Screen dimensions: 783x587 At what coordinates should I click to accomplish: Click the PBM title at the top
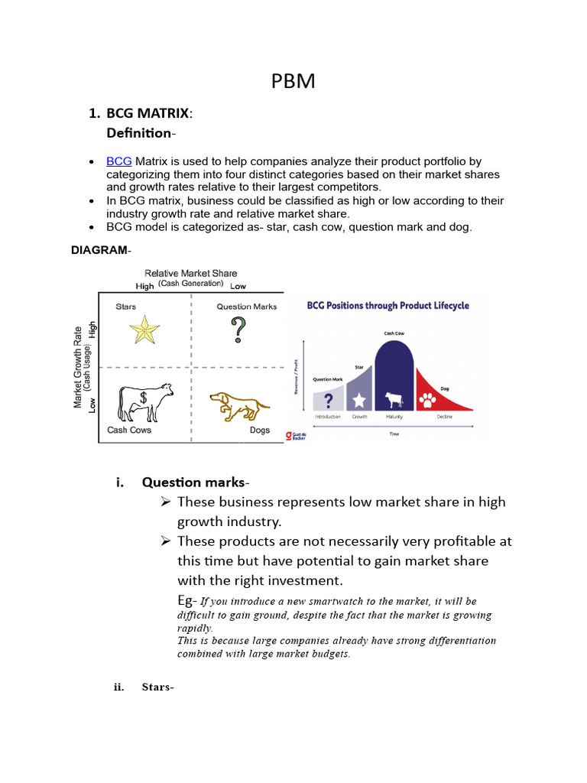pyautogui.click(x=293, y=82)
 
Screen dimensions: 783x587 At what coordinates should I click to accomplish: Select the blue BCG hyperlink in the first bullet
pyautogui.click(x=119, y=161)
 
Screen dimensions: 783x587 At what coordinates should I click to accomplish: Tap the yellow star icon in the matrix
pyautogui.click(x=144, y=330)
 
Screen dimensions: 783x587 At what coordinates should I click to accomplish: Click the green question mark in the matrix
pyautogui.click(x=239, y=330)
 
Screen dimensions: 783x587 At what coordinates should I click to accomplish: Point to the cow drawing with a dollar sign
pyautogui.click(x=145, y=401)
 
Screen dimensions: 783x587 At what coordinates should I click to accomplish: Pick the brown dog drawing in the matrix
pyautogui.click(x=239, y=406)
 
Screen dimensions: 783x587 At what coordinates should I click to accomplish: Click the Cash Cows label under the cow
pyautogui.click(x=129, y=430)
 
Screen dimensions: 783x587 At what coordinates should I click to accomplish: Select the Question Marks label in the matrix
pyautogui.click(x=246, y=307)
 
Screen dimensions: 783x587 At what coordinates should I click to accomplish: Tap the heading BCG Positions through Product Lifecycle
pyautogui.click(x=388, y=306)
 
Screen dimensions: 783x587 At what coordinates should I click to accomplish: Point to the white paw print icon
pyautogui.click(x=427, y=399)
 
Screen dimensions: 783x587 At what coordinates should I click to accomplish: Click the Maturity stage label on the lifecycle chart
pyautogui.click(x=394, y=417)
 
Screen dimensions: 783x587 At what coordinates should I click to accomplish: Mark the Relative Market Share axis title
pyautogui.click(x=190, y=273)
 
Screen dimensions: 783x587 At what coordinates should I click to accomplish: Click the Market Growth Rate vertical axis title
pyautogui.click(x=78, y=367)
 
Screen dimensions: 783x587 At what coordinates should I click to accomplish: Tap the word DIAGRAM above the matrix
pyautogui.click(x=99, y=250)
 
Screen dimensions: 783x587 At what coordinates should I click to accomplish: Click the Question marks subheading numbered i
pyautogui.click(x=193, y=482)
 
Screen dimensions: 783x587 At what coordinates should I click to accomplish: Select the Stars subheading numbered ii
pyautogui.click(x=157, y=687)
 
